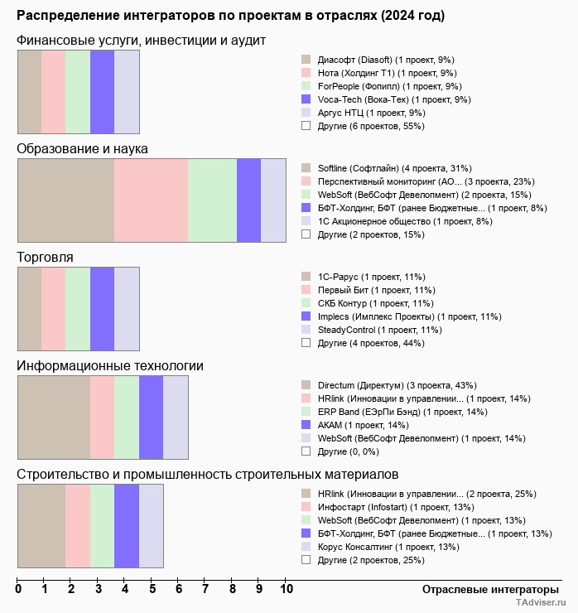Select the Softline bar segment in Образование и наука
pyautogui.click(x=66, y=200)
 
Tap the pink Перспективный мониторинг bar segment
pyautogui.click(x=152, y=200)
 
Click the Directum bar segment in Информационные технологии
pyautogui.click(x=54, y=418)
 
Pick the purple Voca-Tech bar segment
pyautogui.click(x=102, y=92)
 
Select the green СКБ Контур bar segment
pyautogui.click(x=78, y=309)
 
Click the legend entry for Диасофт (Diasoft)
pyautogui.click(x=378, y=60)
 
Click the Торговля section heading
pyautogui.click(x=45, y=258)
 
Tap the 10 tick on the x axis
pyautogui.click(x=287, y=590)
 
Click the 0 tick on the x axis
pyautogui.click(x=18, y=590)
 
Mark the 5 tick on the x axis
pyautogui.click(x=152, y=590)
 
